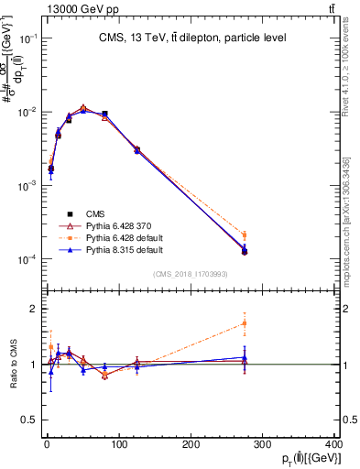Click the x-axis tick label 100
(118, 444)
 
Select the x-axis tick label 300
(264, 444)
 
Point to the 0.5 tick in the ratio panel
(26, 420)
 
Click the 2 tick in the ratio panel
(29, 310)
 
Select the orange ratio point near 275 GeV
(245, 323)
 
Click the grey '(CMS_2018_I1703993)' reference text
(190, 273)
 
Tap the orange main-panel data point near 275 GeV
(245, 234)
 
